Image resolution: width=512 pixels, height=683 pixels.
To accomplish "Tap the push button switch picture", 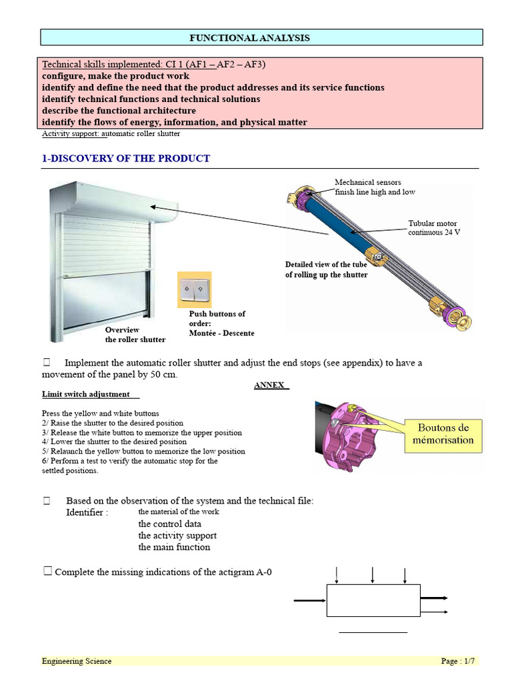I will click(194, 289).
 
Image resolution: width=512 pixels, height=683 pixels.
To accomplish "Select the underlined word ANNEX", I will click(270, 385).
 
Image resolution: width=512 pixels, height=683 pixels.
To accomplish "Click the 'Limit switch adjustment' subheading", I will click(86, 394).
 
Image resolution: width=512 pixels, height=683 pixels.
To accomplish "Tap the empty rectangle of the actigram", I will click(373, 600).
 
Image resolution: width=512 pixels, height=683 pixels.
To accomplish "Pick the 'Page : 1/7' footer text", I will click(458, 661).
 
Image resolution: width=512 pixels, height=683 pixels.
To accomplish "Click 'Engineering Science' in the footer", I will click(77, 661).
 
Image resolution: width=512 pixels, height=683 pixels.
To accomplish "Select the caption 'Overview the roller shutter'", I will click(135, 335).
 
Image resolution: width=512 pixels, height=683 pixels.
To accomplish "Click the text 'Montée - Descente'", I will click(221, 333).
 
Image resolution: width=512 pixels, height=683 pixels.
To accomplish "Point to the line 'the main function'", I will click(174, 547).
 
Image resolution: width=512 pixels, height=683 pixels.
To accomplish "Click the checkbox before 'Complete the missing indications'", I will click(47, 571).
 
